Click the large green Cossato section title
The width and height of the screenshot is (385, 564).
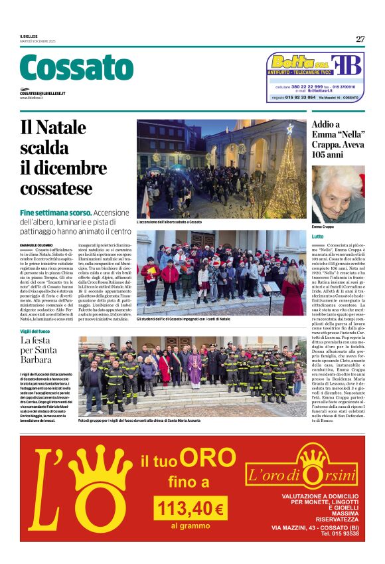coord(76,68)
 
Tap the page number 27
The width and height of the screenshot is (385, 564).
coord(360,39)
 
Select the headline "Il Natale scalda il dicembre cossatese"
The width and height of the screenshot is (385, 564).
coord(63,157)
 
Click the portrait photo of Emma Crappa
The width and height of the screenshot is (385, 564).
coord(338,194)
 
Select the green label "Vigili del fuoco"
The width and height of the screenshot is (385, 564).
coord(35,331)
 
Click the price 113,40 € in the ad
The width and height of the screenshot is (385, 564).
coord(189,509)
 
